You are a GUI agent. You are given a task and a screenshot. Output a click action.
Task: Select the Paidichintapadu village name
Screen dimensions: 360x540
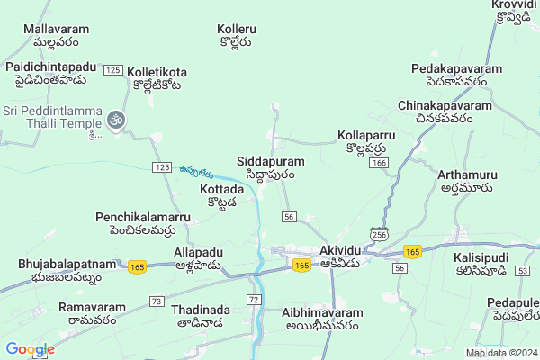50,74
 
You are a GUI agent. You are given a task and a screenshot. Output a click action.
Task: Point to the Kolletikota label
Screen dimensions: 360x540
157,77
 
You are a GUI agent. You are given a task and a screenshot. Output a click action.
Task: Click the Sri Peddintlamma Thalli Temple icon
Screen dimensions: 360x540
115,119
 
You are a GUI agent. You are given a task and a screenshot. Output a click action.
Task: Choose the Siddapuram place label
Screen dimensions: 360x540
271,167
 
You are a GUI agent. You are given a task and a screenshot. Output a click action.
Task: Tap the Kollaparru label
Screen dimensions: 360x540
367,141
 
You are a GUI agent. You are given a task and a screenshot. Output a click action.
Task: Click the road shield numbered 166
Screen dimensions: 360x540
379,163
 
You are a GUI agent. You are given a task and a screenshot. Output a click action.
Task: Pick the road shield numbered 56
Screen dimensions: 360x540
289,217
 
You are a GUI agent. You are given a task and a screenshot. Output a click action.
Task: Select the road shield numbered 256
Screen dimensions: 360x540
379,234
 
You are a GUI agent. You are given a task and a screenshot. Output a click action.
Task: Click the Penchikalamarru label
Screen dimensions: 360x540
144,224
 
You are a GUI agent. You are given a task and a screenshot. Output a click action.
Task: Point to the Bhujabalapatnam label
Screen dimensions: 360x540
67,270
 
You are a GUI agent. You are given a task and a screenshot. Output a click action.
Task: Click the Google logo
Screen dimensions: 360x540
30,349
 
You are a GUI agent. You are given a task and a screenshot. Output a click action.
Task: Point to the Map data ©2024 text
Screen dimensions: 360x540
500,353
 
